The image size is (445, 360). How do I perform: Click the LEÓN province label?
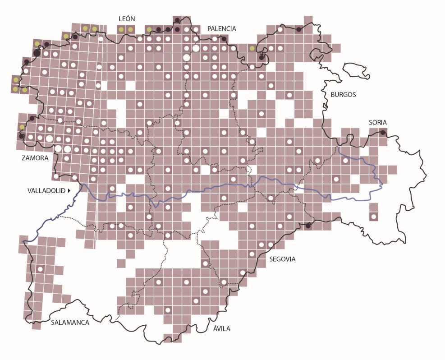(x=127, y=18)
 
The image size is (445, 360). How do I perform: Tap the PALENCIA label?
(x=221, y=28)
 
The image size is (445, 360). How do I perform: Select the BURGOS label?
(x=343, y=95)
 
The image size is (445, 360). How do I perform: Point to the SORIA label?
(x=377, y=122)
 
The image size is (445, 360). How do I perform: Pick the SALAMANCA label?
(x=70, y=323)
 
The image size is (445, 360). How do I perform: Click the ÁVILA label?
(x=221, y=328)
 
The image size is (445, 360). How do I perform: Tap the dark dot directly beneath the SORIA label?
(x=382, y=133)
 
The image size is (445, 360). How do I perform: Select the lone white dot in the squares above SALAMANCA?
(x=40, y=269)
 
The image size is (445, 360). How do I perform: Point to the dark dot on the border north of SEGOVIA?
(x=308, y=226)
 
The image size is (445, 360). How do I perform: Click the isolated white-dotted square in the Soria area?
(x=373, y=217)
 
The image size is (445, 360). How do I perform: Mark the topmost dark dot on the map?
(x=177, y=20)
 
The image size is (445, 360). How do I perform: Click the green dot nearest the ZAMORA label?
(x=22, y=127)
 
